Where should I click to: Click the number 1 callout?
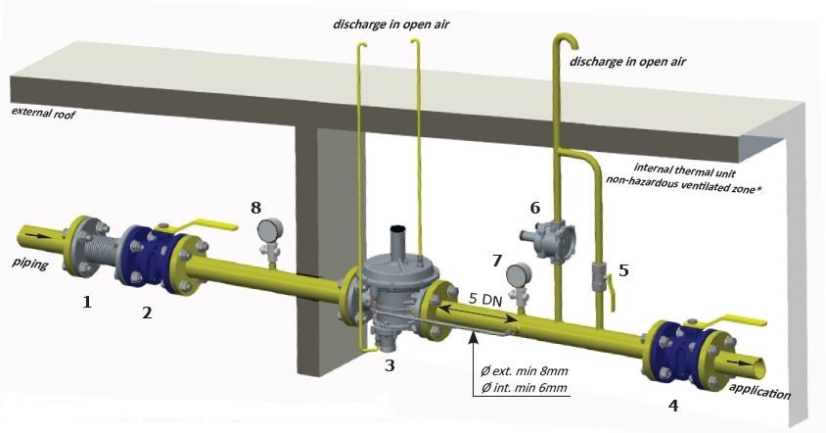pos(87,303)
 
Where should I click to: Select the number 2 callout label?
pos(147,313)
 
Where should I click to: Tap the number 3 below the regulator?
pos(390,365)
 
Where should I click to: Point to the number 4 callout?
pos(672,404)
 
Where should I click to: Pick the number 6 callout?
pos(534,208)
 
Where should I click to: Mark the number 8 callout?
pos(256,208)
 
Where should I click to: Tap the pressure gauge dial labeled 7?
pos(520,272)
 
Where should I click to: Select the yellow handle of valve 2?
pos(213,226)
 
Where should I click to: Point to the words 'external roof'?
pos(43,112)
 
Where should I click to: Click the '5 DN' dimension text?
pos(487,299)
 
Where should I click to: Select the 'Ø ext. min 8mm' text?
pos(527,370)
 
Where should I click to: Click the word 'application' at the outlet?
pos(759,391)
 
